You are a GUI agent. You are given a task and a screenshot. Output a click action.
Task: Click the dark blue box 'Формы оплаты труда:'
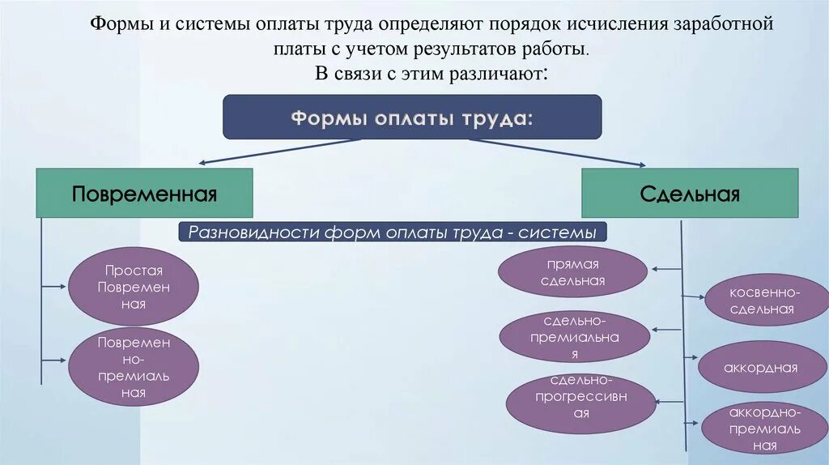tap(412, 117)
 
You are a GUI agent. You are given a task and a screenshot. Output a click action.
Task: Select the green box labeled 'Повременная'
tap(144, 193)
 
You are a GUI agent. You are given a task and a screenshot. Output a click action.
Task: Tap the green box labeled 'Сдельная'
tap(690, 193)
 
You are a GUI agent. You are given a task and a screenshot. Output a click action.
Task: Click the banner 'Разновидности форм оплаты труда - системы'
tap(392, 232)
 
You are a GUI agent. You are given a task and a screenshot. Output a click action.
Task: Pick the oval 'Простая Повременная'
tap(134, 287)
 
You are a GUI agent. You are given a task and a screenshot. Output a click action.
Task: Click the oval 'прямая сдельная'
tap(572, 273)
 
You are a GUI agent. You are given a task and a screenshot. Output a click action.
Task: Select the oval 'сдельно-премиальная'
tap(575, 337)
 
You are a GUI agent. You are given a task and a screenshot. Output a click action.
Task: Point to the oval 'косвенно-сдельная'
tap(766, 300)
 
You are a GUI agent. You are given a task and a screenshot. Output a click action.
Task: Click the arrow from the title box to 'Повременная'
tap(275, 151)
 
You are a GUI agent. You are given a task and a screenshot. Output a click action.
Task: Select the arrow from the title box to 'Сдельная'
tap(559, 151)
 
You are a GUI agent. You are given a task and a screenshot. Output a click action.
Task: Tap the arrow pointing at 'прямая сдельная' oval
tap(665, 269)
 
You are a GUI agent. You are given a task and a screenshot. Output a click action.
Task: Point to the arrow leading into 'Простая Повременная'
tap(54, 285)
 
